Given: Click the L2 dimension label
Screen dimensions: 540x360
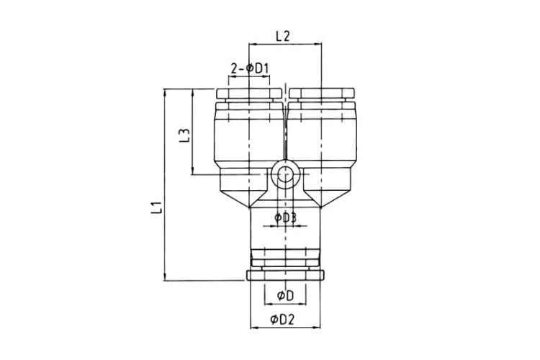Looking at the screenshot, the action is pyautogui.click(x=282, y=36).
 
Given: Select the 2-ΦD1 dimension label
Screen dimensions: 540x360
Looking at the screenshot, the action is pyautogui.click(x=250, y=69).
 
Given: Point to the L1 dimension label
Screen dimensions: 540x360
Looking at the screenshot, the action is pyautogui.click(x=156, y=208).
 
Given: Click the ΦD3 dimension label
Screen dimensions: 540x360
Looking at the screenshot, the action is pyautogui.click(x=285, y=217).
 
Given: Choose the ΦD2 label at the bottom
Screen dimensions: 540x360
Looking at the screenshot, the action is pyautogui.click(x=282, y=320).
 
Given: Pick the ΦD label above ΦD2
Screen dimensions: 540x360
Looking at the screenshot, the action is pyautogui.click(x=285, y=296).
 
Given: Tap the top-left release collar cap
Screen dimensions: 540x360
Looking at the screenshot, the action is pyautogui.click(x=249, y=94).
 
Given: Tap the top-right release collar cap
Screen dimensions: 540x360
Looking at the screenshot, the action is pyautogui.click(x=322, y=94).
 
